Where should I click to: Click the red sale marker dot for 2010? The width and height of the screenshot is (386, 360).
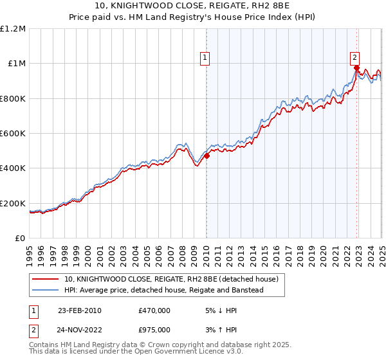tap(207, 156)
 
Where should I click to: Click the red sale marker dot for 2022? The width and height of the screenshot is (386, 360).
tap(356, 67)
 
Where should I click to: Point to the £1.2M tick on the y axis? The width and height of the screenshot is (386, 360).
tap(13, 29)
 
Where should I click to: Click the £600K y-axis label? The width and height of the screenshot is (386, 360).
tap(13, 134)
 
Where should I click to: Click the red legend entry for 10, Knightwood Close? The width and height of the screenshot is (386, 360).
tap(170, 280)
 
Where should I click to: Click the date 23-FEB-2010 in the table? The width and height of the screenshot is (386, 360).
tap(80, 310)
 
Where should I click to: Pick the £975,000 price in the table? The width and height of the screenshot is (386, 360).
tap(154, 330)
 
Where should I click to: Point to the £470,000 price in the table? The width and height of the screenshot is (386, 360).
tap(154, 310)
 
